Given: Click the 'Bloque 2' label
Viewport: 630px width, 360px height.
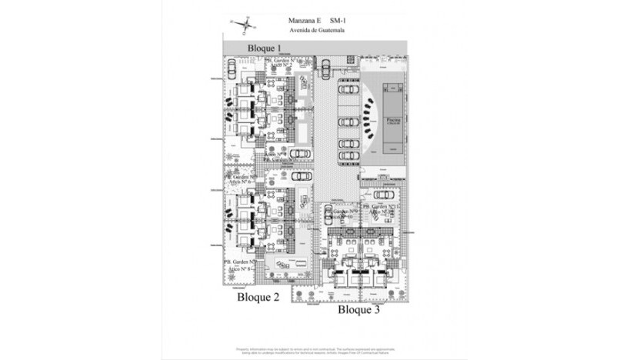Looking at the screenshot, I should [x=258, y=296].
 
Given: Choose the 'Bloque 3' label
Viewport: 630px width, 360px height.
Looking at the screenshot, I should [x=358, y=310].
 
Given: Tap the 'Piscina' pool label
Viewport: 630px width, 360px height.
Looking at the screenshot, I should [x=392, y=121].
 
